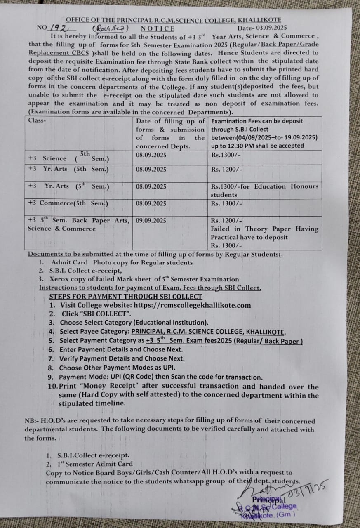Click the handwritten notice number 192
(59, 28)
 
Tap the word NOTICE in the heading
(158, 28)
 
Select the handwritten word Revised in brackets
(111, 28)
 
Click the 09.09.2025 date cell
(151, 220)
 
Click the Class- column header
(37, 120)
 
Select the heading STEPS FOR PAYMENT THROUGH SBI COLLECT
(125, 296)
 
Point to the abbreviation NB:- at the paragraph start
(32, 421)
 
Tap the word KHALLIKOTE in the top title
(259, 19)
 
